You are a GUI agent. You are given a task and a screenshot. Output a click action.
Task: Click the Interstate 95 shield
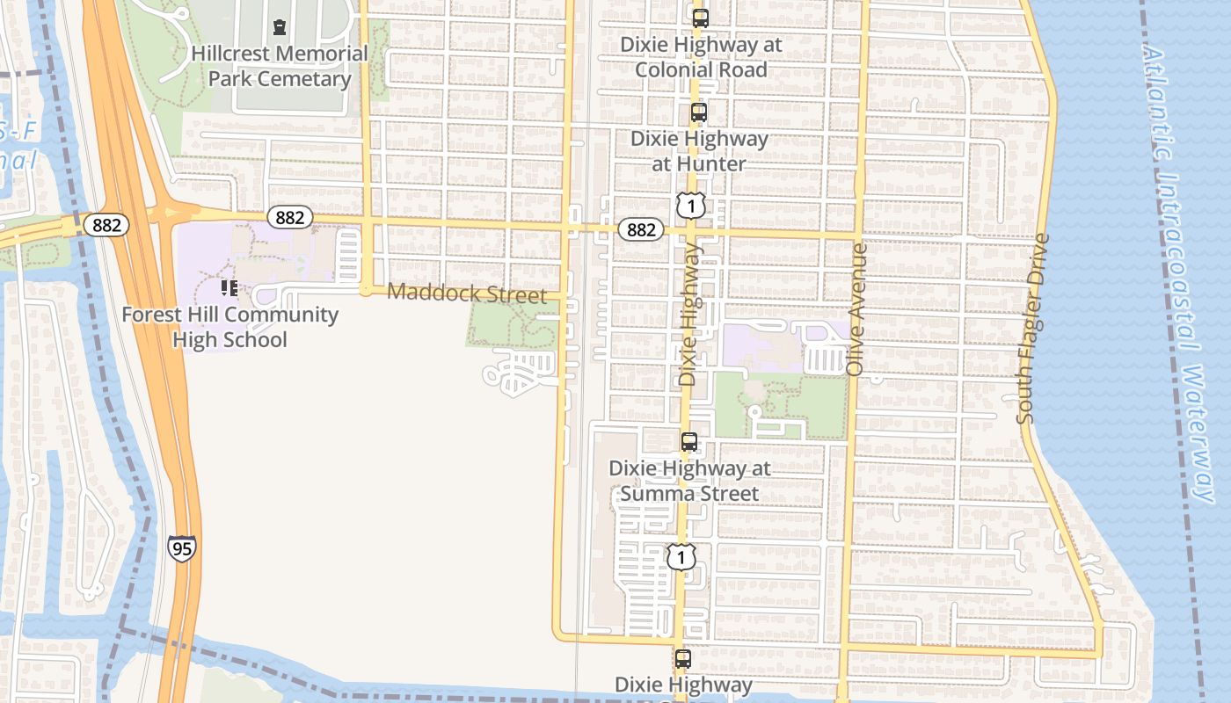[x=181, y=549]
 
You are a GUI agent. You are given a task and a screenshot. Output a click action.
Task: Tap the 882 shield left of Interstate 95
[x=107, y=225]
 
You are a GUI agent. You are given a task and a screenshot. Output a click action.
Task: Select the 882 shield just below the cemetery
[x=290, y=217]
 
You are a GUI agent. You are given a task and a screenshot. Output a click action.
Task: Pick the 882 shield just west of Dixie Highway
[x=641, y=229]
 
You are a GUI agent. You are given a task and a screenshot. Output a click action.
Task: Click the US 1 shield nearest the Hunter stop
[x=691, y=206]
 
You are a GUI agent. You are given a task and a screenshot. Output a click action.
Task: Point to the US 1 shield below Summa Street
[x=681, y=556]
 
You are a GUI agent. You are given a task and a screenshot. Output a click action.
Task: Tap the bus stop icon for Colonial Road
[x=700, y=18]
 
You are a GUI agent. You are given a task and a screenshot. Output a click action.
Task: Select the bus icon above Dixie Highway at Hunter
[x=698, y=112]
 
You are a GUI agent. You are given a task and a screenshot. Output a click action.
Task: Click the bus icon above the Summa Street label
[x=689, y=442]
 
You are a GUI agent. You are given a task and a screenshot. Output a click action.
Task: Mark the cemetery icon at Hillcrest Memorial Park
[x=280, y=27]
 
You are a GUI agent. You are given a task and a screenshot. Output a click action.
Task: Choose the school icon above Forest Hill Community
[x=229, y=287]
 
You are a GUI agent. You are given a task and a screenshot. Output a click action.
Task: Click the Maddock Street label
[x=467, y=293]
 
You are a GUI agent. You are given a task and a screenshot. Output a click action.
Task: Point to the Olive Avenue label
[x=857, y=309]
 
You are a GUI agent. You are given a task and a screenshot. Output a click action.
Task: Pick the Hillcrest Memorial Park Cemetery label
[x=280, y=66]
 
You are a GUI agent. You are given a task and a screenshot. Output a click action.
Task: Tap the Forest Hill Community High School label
[x=229, y=327]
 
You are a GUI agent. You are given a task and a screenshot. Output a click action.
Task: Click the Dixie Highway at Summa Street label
[x=689, y=481]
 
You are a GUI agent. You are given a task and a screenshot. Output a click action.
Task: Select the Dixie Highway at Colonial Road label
[x=701, y=56]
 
